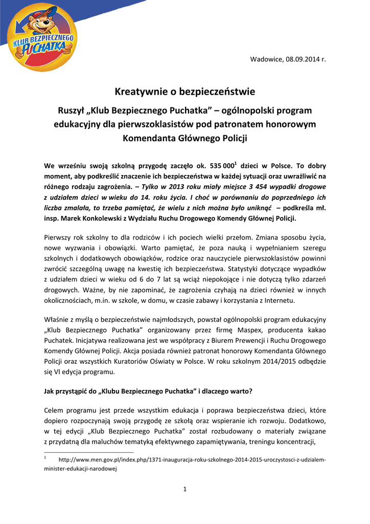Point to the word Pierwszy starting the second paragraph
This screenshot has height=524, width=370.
(x=58, y=238)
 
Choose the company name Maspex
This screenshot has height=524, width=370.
(x=237, y=330)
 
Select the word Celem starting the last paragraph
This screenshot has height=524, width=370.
(x=54, y=411)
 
